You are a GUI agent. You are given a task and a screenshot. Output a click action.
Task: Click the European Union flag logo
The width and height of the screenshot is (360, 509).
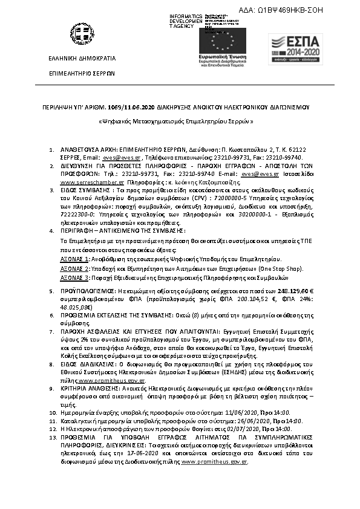[220, 41]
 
